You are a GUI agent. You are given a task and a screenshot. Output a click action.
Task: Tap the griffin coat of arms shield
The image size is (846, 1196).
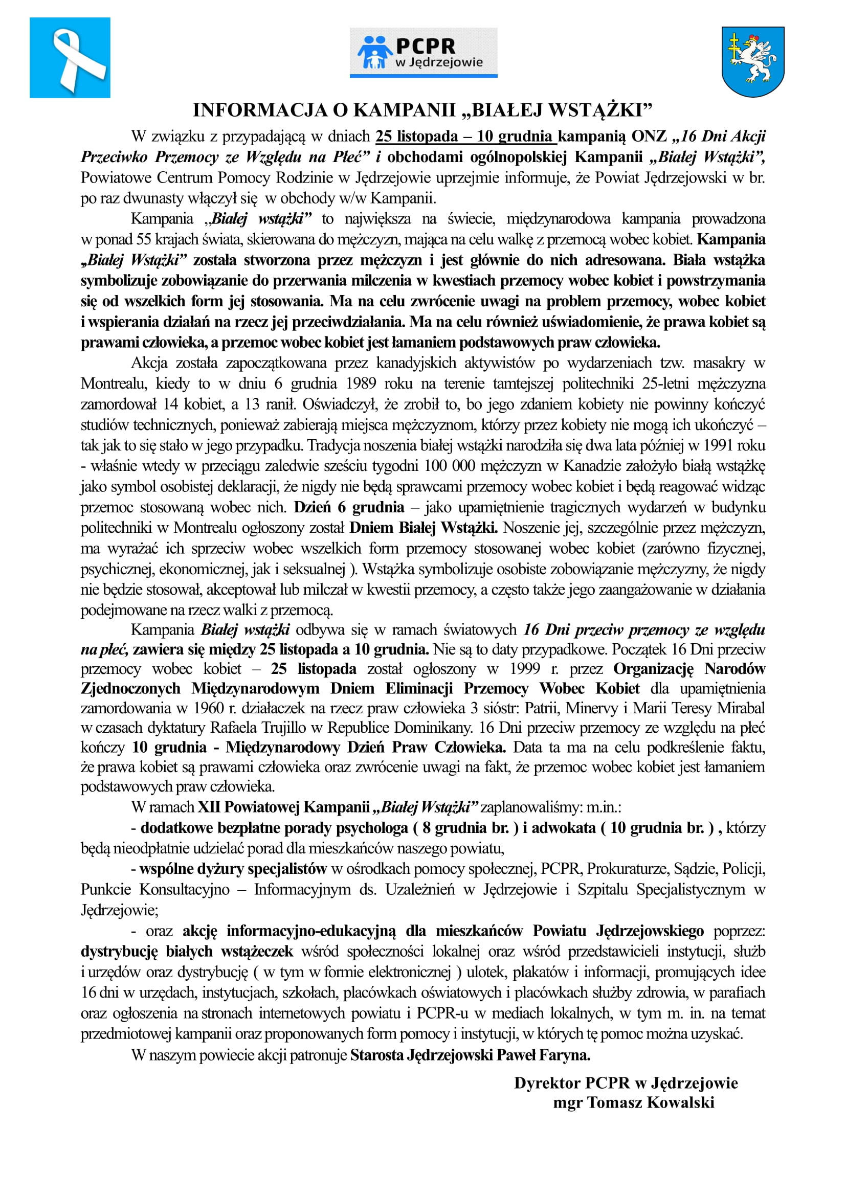(753, 61)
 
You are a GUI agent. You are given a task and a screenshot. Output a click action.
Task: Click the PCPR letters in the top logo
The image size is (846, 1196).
(426, 47)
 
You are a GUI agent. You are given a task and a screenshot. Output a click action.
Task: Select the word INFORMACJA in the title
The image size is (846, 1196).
(259, 110)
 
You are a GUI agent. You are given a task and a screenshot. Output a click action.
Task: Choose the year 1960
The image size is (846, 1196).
(209, 708)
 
